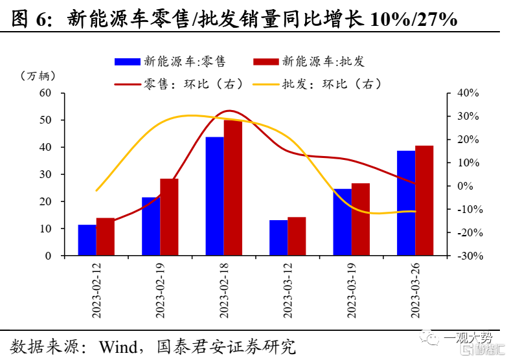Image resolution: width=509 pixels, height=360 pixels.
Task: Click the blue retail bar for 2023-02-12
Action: [x=87, y=240]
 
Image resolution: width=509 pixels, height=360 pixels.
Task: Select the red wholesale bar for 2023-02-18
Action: [x=233, y=188]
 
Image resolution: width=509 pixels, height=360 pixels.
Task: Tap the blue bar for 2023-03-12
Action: [x=278, y=238]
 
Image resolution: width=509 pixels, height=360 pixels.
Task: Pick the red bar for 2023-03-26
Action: [x=424, y=201]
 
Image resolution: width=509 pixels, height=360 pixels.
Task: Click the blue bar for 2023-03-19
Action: [x=342, y=222]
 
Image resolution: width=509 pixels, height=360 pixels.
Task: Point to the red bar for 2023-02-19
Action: [x=169, y=217]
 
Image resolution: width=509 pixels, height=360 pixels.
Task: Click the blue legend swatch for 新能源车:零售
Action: [x=127, y=62]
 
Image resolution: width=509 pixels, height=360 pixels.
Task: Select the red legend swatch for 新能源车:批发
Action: [x=266, y=62]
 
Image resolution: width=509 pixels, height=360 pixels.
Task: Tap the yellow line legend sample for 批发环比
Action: [x=266, y=84]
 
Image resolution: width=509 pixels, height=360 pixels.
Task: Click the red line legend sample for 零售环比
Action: [x=127, y=84]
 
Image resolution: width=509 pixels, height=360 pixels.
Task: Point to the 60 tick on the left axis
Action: [x=45, y=93]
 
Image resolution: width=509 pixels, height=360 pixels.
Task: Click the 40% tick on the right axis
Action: [x=468, y=93]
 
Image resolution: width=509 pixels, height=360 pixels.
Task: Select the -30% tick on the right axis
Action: [x=470, y=256]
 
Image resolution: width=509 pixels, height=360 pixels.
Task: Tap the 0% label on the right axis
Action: [x=465, y=186]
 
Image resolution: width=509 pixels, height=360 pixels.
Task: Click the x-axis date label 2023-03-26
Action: [x=415, y=291]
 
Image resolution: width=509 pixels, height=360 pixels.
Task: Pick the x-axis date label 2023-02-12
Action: [x=96, y=291]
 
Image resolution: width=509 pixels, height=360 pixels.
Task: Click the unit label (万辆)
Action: [x=38, y=76]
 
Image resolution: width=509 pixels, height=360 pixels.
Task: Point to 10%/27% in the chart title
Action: [x=413, y=19]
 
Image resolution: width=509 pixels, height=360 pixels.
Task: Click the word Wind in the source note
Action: [x=119, y=346]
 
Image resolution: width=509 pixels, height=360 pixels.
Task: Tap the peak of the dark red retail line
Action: [x=229, y=111]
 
